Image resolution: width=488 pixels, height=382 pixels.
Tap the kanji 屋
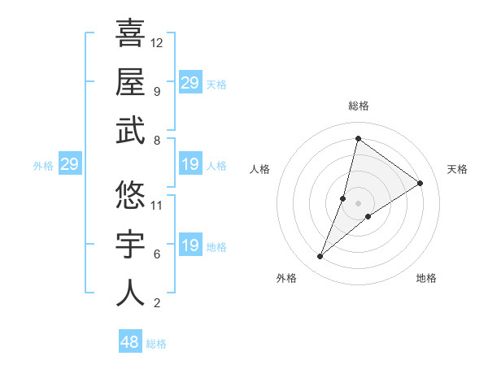130,81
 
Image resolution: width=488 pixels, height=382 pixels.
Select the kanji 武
130,132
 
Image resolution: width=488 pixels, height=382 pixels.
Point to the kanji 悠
130,195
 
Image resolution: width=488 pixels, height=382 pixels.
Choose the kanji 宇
130,245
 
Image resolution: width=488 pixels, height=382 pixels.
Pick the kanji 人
130,293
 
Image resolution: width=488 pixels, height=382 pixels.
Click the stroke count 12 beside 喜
157,42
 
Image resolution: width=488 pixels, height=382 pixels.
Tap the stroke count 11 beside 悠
157,205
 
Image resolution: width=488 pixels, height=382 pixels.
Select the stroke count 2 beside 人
157,304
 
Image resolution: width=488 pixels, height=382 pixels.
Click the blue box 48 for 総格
130,342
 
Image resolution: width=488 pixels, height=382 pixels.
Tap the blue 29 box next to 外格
69,165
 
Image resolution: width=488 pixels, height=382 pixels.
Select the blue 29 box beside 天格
190,83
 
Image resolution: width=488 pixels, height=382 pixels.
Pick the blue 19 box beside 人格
190,165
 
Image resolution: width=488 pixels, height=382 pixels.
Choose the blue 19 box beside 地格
190,245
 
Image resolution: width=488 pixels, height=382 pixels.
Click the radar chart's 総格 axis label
359,106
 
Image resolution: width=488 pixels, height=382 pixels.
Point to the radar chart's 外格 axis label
286,278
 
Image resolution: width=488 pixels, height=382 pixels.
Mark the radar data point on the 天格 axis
420,184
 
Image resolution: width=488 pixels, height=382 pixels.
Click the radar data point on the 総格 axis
358,139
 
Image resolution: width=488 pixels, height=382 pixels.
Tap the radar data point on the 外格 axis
320,257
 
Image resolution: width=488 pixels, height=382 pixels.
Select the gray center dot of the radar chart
358,203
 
